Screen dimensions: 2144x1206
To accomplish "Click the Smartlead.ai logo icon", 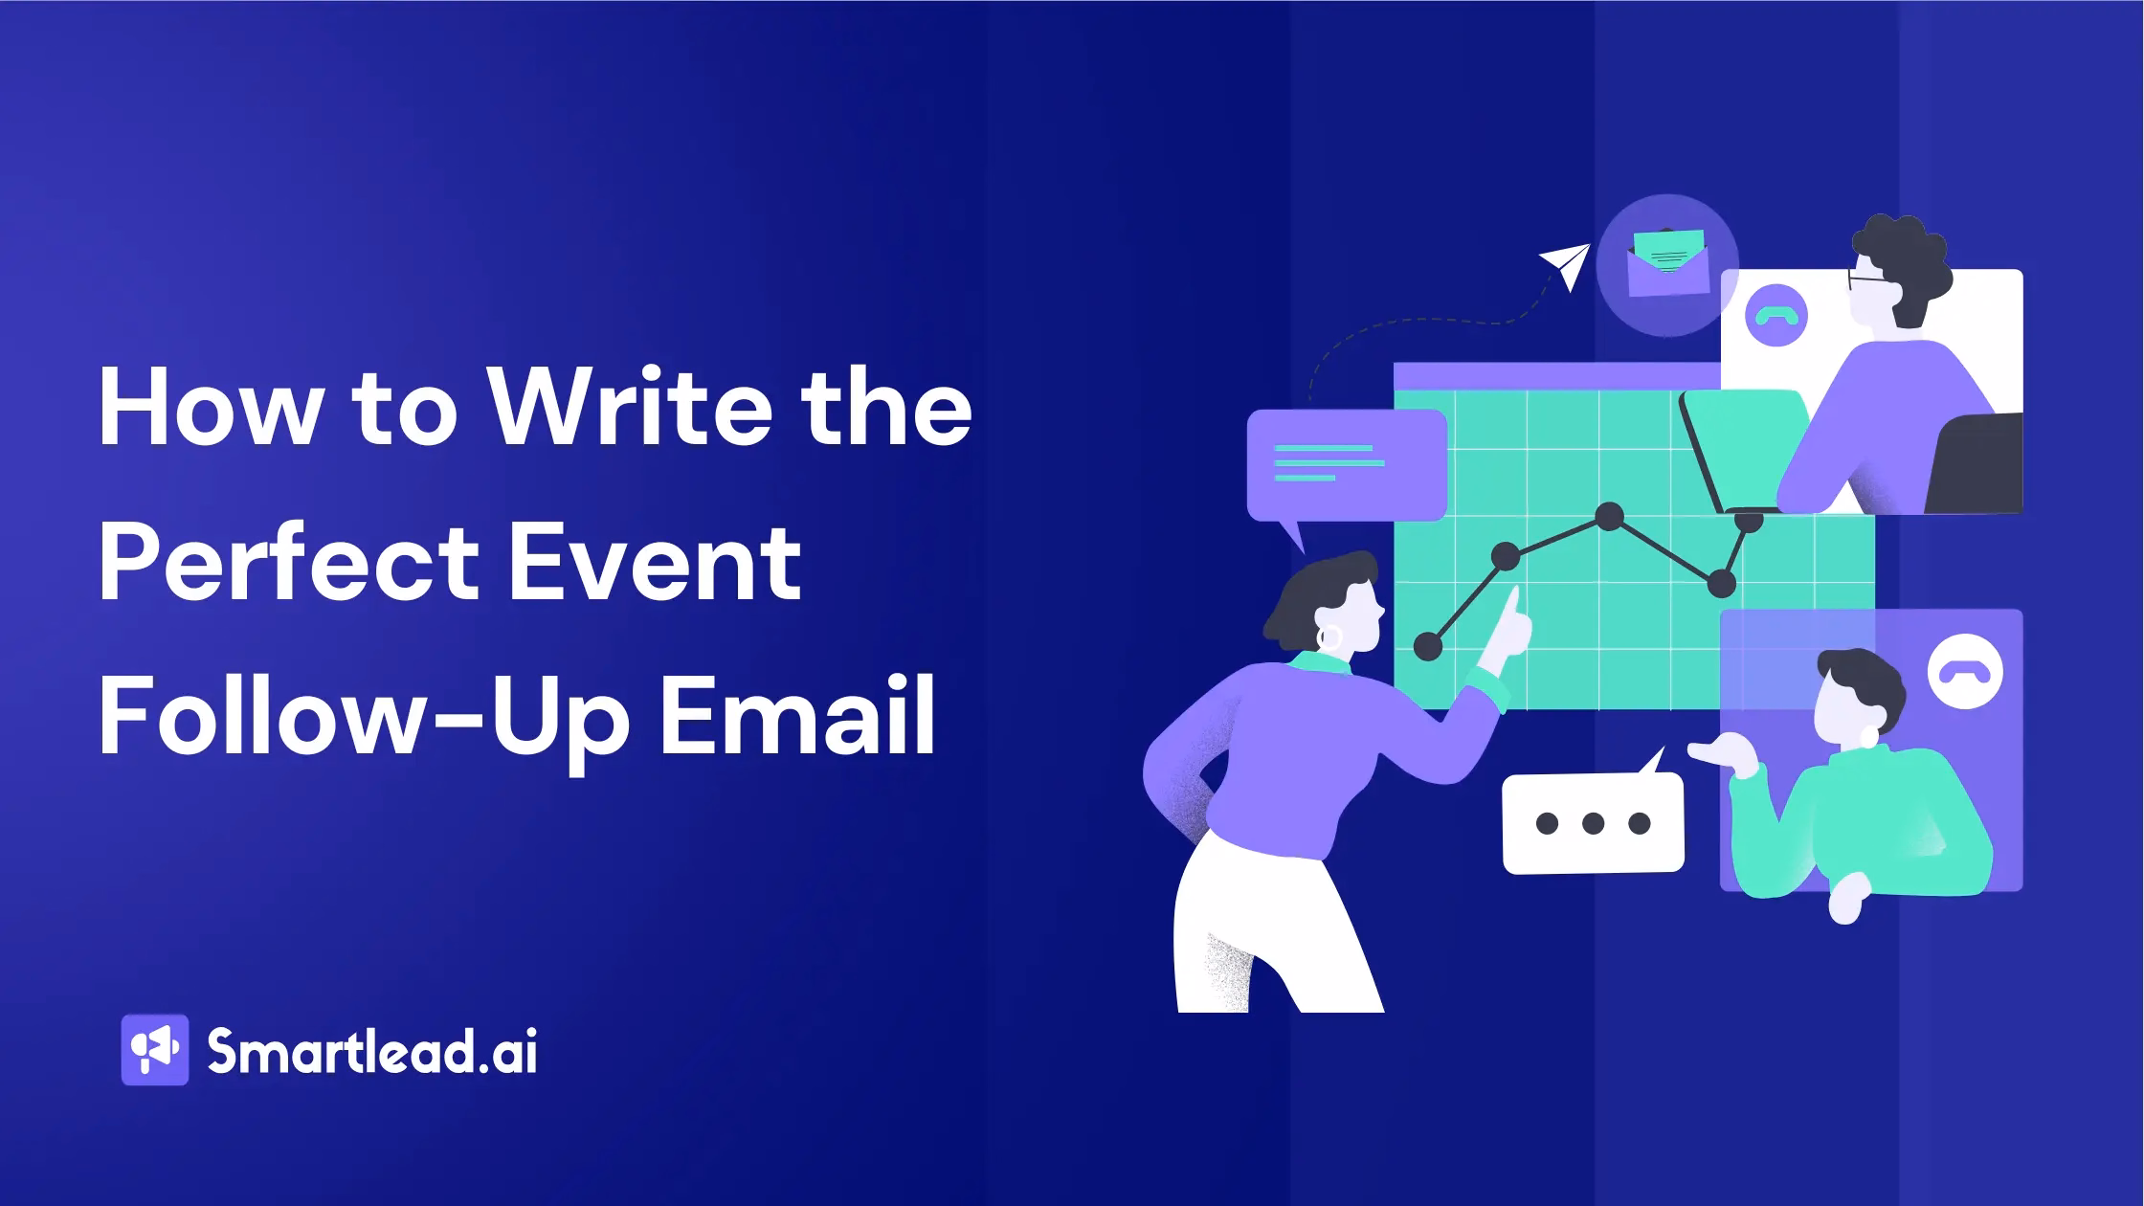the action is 155,1050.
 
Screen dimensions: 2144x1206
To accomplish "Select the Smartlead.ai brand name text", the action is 372,1051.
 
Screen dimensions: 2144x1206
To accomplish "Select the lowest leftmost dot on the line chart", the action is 1427,646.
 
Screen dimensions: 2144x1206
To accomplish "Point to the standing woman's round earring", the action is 1330,636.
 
